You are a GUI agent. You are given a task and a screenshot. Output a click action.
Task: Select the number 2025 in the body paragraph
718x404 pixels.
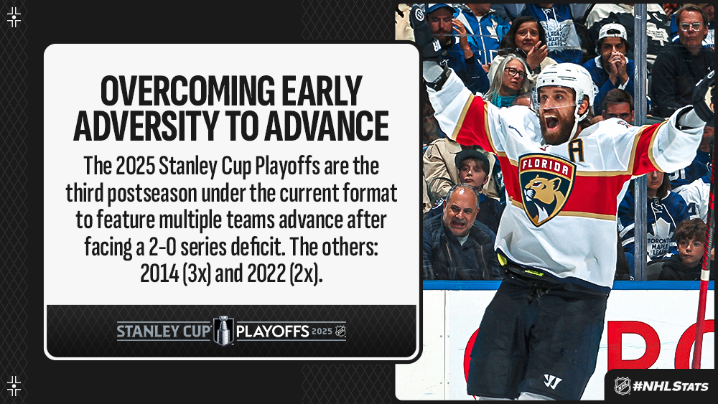(x=135, y=166)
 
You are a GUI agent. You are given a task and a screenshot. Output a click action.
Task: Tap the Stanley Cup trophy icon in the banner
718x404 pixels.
(x=223, y=330)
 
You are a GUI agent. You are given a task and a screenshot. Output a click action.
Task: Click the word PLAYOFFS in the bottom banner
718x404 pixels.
(x=272, y=332)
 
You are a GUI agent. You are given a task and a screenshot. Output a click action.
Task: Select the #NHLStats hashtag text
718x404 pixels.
(x=671, y=387)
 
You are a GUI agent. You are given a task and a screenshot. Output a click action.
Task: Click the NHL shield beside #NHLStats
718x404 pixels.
(x=623, y=385)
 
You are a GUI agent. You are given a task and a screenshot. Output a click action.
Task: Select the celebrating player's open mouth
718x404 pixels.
(x=551, y=122)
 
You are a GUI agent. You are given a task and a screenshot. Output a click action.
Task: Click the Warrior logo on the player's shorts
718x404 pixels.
(x=552, y=381)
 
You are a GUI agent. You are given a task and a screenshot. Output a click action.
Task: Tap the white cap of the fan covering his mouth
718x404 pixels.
(x=612, y=31)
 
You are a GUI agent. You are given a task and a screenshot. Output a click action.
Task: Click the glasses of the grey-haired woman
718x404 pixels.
(x=515, y=72)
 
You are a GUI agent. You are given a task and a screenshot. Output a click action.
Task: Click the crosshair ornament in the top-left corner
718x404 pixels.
(x=14, y=17)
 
